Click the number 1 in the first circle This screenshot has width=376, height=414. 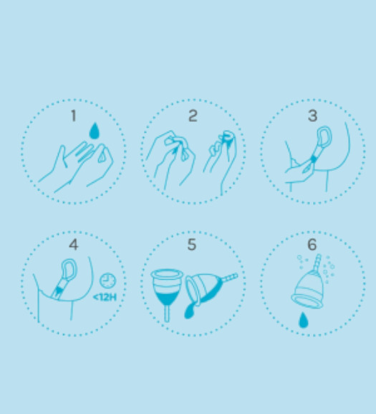pyautogui.click(x=74, y=116)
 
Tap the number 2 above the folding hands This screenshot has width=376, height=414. pyautogui.click(x=193, y=116)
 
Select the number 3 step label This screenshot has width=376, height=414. pyautogui.click(x=312, y=116)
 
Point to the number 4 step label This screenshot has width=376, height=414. pyautogui.click(x=74, y=245)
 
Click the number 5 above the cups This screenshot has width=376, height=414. pyautogui.click(x=192, y=245)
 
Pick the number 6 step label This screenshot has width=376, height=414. pyautogui.click(x=312, y=245)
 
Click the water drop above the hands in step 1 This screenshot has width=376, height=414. pyautogui.click(x=95, y=131)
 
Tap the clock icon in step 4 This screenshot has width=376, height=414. pyautogui.click(x=107, y=281)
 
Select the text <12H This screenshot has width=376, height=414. pyautogui.click(x=105, y=297)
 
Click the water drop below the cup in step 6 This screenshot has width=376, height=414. pyautogui.click(x=303, y=320)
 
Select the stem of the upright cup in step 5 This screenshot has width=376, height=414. pyautogui.click(x=167, y=314)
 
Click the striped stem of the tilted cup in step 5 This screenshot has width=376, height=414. pyautogui.click(x=230, y=278)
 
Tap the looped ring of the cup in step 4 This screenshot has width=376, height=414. pyautogui.click(x=69, y=269)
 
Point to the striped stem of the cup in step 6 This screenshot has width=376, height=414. pyautogui.click(x=317, y=263)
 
